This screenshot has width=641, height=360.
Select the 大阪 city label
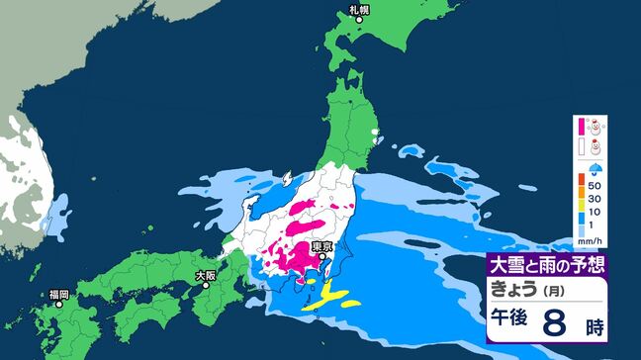tap(206, 275)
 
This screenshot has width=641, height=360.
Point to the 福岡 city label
tap(58, 294)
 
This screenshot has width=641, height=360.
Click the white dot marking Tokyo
tap(319, 256)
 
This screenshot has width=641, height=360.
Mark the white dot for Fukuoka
tap(59, 304)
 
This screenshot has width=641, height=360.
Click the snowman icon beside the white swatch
tap(595, 147)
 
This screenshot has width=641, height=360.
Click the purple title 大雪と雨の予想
tap(545, 265)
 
